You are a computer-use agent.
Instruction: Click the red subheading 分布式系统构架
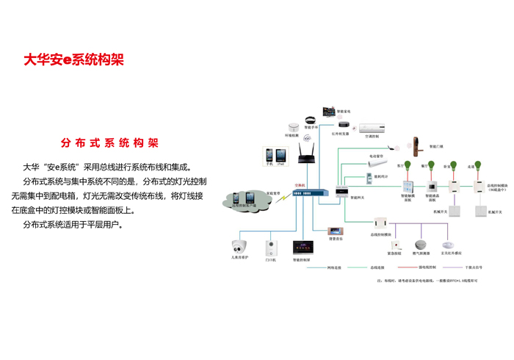point(109,143)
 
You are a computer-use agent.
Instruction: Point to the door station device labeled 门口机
point(269,246)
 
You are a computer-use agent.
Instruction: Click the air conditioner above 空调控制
point(370,128)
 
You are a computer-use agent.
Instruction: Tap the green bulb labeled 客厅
point(405,165)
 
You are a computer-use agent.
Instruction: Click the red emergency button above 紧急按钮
point(396,245)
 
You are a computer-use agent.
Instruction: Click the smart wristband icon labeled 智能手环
point(311,120)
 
